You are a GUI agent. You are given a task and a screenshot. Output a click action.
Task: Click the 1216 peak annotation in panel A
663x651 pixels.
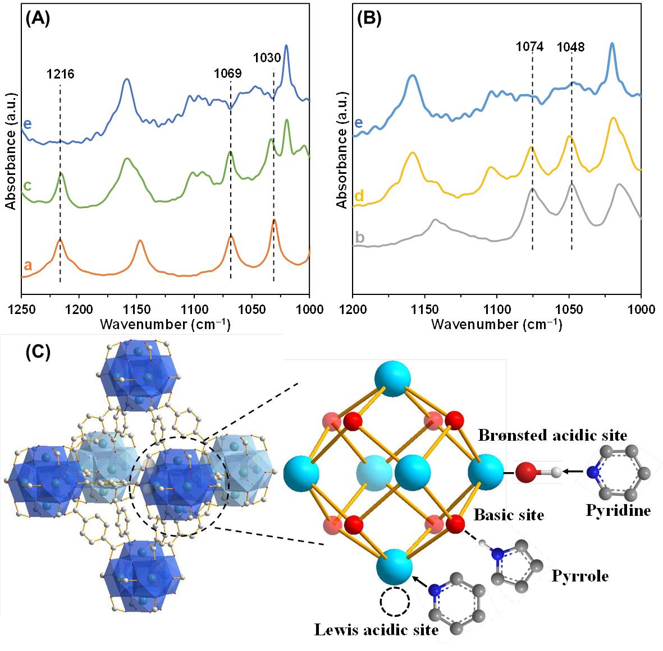pyautogui.click(x=60, y=74)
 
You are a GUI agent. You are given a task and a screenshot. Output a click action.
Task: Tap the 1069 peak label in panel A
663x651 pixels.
pyautogui.click(x=228, y=73)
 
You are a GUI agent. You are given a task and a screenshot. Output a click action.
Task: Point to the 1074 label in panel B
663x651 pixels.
pyautogui.click(x=530, y=47)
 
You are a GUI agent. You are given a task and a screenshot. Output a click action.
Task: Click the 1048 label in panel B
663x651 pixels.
pyautogui.click(x=571, y=47)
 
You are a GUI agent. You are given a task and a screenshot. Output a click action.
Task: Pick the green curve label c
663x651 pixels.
pyautogui.click(x=27, y=185)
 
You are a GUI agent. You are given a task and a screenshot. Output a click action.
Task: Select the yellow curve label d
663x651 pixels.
pyautogui.click(x=360, y=196)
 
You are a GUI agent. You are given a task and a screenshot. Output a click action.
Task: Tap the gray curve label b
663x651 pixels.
pyautogui.click(x=360, y=237)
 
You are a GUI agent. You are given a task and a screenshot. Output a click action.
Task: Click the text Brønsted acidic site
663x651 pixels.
pyautogui.click(x=552, y=435)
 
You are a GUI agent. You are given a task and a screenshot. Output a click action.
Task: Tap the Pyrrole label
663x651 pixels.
pyautogui.click(x=580, y=576)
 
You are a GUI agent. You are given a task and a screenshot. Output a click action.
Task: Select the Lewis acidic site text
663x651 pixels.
pyautogui.click(x=376, y=630)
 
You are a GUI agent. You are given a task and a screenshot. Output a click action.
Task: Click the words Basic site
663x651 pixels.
pyautogui.click(x=509, y=515)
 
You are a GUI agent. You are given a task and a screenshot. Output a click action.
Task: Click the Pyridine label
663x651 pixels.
pyautogui.click(x=618, y=510)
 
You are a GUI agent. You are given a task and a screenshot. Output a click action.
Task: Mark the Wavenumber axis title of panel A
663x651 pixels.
pyautogui.click(x=165, y=324)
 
